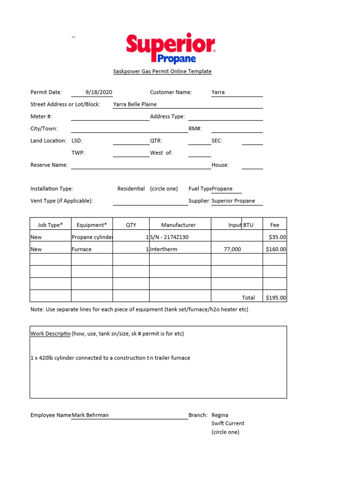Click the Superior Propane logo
coord(171,48)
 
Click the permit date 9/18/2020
coord(99,92)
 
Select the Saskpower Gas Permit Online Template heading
coord(162,72)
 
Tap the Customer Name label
coord(171,92)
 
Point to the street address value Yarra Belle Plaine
coord(135,105)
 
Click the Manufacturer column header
coord(179,225)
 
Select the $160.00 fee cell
coord(276,249)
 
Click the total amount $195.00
coord(276,298)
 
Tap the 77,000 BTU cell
coord(232,249)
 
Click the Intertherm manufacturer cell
coord(164,249)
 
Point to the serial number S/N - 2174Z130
coord(169,237)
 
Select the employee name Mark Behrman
coord(90,415)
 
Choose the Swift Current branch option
coord(228,423)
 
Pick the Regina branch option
coord(220,415)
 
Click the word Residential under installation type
coord(131,189)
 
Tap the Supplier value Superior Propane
coord(233,201)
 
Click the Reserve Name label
coord(49,165)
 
